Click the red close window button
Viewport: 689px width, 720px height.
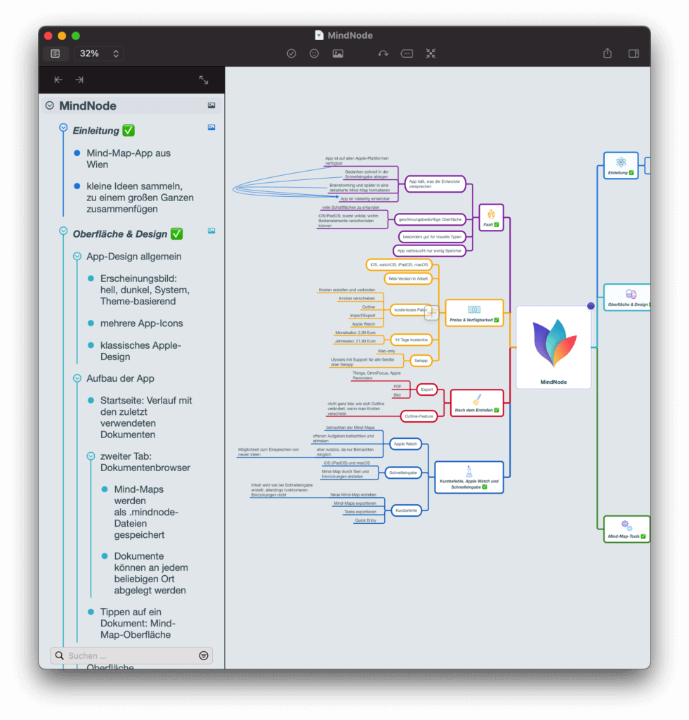(x=48, y=36)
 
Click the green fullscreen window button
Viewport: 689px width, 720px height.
(x=76, y=36)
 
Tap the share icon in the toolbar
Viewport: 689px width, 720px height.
(x=608, y=53)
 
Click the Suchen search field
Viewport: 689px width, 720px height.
(x=131, y=655)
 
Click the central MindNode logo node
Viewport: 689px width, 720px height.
(x=553, y=347)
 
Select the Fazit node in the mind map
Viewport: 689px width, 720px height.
(x=491, y=216)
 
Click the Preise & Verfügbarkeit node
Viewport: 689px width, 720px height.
(x=474, y=313)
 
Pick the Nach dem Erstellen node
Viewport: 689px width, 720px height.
(x=476, y=403)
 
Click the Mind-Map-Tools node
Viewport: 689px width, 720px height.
(x=626, y=529)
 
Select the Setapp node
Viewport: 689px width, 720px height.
(x=421, y=360)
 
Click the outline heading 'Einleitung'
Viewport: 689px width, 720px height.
(x=96, y=131)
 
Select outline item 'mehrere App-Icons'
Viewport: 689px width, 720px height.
(x=141, y=323)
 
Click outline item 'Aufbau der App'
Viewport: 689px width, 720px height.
(x=120, y=378)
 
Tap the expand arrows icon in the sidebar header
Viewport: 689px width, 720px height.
(x=204, y=80)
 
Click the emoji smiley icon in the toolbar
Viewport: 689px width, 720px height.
(x=314, y=53)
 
